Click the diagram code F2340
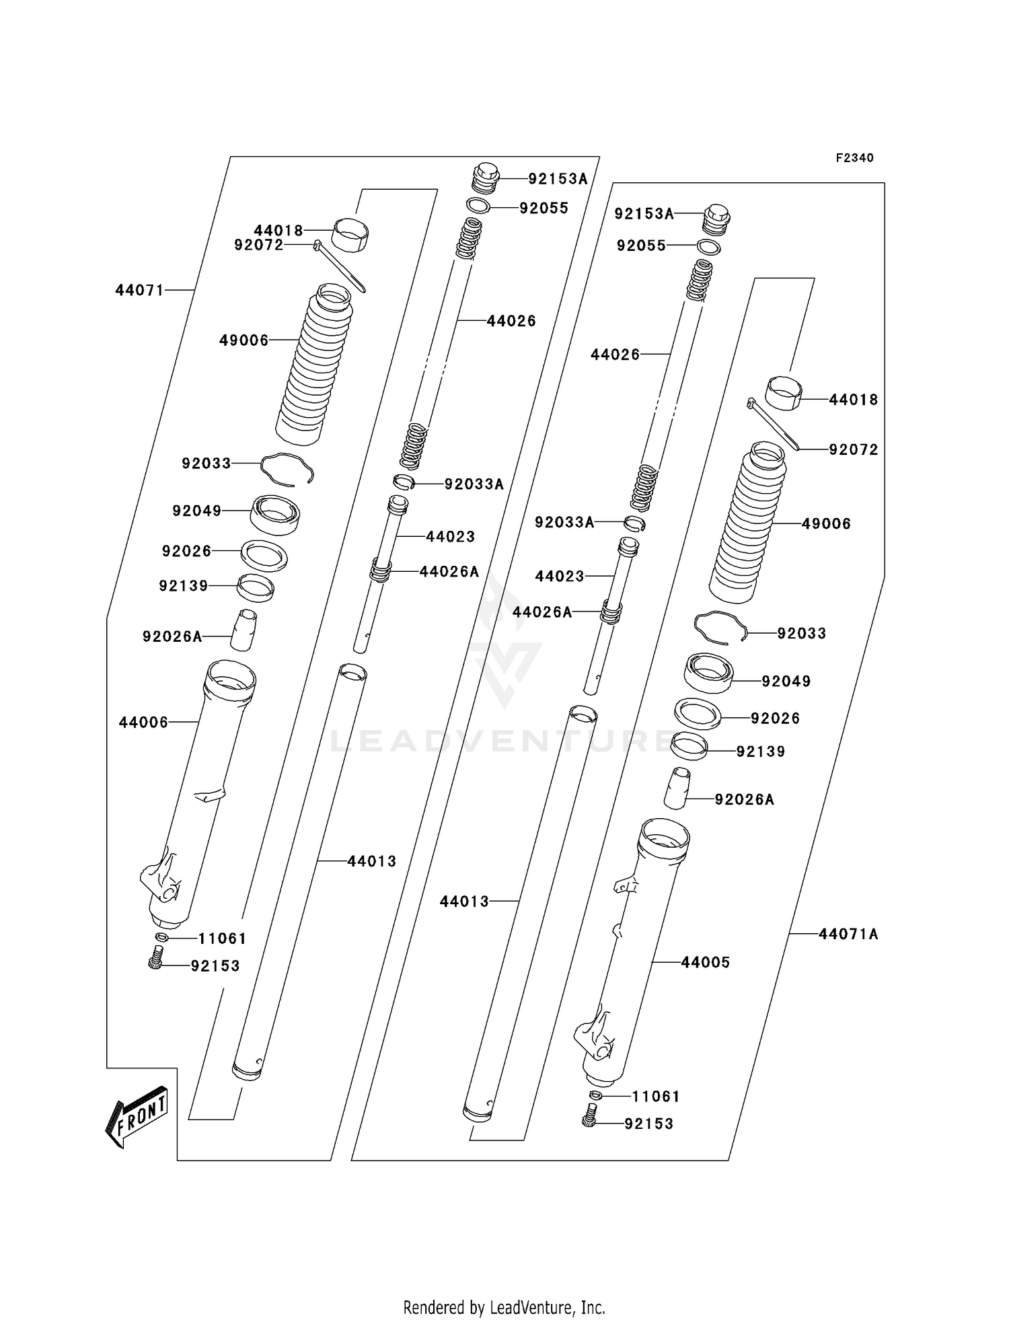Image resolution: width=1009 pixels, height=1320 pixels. (x=854, y=158)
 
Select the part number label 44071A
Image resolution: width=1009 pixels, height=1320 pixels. (x=848, y=934)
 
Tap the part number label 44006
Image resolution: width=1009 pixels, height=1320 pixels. (x=143, y=722)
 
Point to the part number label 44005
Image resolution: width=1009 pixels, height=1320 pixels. (x=705, y=962)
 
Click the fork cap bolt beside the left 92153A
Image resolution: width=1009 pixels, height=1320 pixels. (x=484, y=178)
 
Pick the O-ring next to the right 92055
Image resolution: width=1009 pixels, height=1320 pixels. (x=710, y=248)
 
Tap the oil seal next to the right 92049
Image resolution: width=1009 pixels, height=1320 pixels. (x=708, y=673)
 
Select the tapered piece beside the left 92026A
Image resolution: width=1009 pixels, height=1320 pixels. (x=244, y=630)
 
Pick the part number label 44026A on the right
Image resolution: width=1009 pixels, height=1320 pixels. (x=542, y=612)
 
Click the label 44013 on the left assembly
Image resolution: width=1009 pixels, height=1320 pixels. (x=372, y=860)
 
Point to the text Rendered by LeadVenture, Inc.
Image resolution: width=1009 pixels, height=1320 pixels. (x=504, y=1307)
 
